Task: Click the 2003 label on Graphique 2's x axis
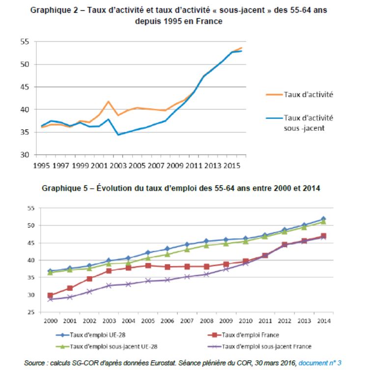[x=118, y=165]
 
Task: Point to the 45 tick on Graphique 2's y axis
[x=25, y=87]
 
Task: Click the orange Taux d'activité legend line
[x=274, y=95]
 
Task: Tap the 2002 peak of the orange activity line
[x=109, y=102]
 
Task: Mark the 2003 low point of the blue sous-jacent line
[x=118, y=135]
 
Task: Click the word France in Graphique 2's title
[x=209, y=21]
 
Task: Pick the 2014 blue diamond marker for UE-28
[x=323, y=219]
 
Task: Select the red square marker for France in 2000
[x=50, y=295]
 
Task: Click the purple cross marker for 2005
[x=148, y=281]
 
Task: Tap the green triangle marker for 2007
[x=187, y=250]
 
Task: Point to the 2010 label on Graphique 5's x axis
[x=246, y=321]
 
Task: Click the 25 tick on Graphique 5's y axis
[x=31, y=312]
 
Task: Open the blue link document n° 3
[x=320, y=363]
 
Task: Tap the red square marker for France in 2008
[x=206, y=266]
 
